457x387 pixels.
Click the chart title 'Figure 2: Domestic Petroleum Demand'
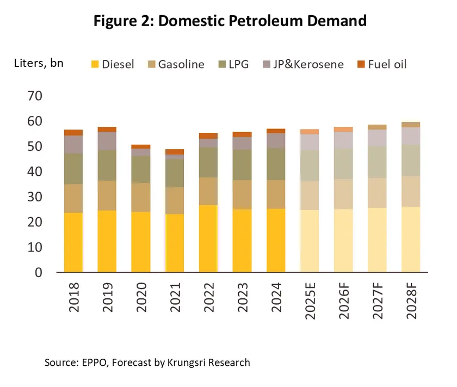tap(230, 21)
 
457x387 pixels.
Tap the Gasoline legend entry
tap(175, 64)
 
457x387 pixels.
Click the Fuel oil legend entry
tap(380, 64)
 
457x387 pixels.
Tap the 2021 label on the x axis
tap(175, 297)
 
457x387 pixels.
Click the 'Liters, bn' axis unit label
tap(38, 63)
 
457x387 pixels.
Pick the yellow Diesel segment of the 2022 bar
tap(208, 238)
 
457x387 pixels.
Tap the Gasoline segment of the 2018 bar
tap(73, 198)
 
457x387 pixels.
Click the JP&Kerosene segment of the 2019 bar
tap(107, 141)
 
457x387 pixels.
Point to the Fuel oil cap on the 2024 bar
tap(276, 131)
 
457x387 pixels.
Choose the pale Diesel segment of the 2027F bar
tap(378, 239)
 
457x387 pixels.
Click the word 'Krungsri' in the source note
tap(190, 363)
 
